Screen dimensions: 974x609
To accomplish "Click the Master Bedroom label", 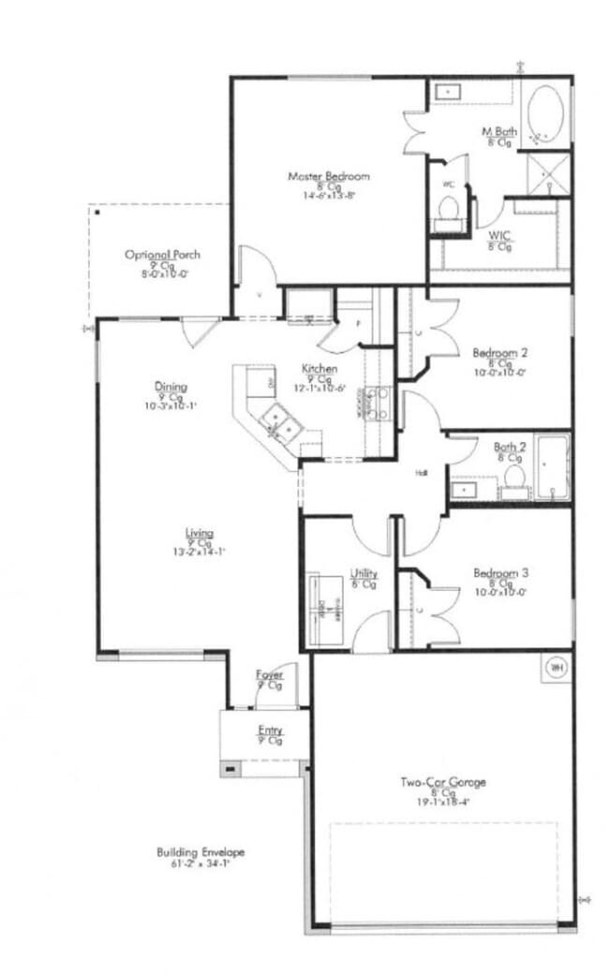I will coord(328,176).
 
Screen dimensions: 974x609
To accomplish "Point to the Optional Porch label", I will coord(163,255).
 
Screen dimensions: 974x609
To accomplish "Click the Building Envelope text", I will coord(201,852).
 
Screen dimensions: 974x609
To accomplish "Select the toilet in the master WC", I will coord(448,209).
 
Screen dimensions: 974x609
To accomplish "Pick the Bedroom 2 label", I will coord(500,353).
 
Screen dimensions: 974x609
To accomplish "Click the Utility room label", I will coord(364,572).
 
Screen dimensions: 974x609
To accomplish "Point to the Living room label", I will coord(200,534).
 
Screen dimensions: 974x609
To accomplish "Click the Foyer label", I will coord(270,674).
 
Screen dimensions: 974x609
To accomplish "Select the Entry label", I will coord(270,730).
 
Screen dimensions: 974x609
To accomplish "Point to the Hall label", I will coord(422,473).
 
